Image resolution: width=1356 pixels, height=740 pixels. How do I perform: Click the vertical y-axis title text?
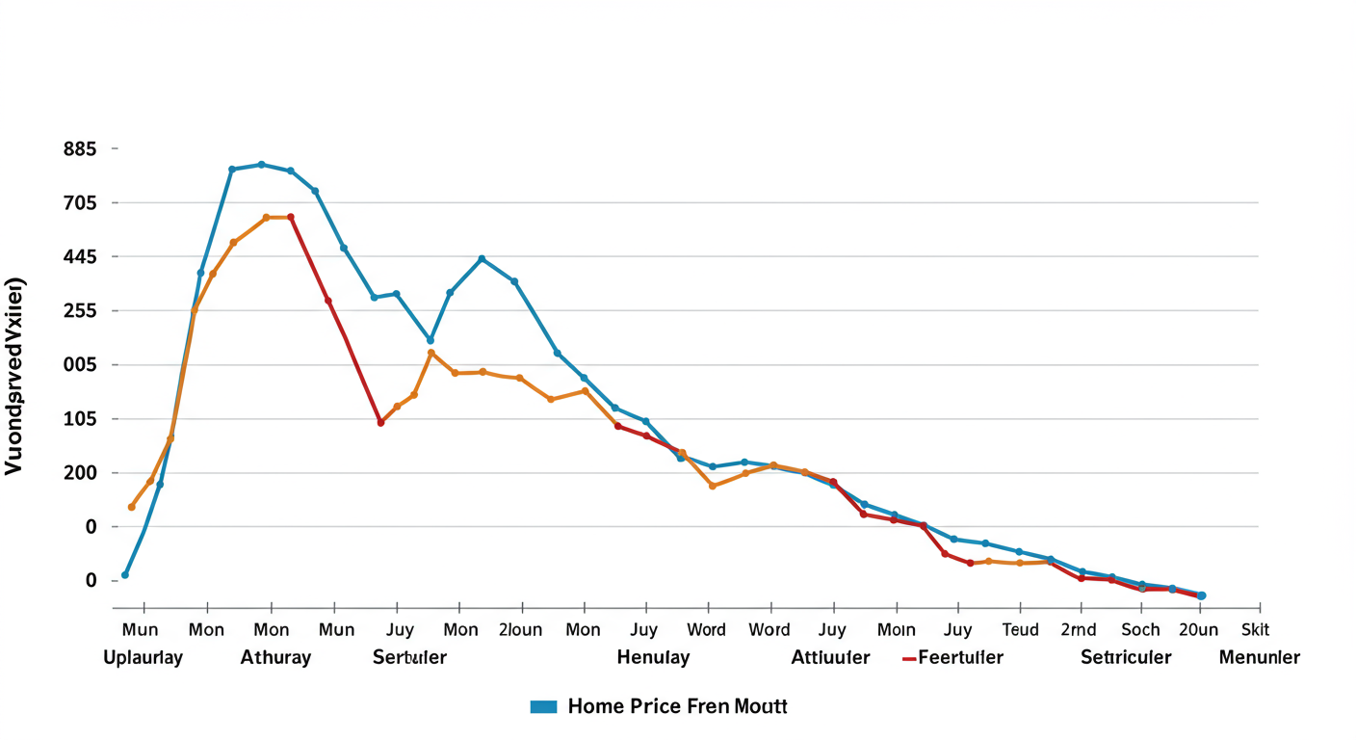pos(15,377)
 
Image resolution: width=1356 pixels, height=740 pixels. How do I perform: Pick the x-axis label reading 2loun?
pos(521,630)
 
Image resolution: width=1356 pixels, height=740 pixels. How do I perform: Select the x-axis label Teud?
pos(1021,630)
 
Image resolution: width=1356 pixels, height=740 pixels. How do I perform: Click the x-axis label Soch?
pos(1140,630)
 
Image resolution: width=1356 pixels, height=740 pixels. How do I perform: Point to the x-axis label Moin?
pos(897,630)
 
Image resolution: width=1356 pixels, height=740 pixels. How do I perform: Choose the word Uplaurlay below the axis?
pos(143,658)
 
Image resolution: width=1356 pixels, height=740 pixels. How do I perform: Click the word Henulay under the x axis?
pos(653,658)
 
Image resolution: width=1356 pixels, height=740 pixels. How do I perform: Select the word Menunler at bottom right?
pos(1260,658)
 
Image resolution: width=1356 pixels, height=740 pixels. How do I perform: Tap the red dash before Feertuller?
pos(908,659)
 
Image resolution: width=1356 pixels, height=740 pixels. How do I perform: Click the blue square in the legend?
pos(544,707)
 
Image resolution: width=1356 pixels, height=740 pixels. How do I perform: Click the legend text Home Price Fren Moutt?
pos(678,706)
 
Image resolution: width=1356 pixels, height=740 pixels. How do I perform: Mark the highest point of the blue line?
pos(261,165)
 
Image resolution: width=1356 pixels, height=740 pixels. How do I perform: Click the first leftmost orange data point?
pos(132,507)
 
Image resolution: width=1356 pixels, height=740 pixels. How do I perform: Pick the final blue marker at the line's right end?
pos(1201,595)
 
